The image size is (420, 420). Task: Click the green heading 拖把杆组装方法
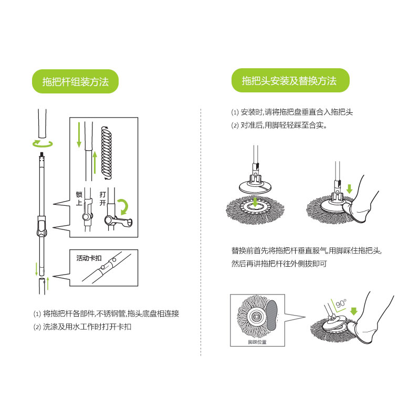[x=75, y=81]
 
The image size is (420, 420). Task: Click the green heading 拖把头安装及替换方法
[x=289, y=81]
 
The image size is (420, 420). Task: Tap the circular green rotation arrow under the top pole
[x=43, y=144]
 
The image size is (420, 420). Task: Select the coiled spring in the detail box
[x=107, y=153]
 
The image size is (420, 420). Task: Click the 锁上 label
[x=79, y=198]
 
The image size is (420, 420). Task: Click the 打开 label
[x=102, y=198]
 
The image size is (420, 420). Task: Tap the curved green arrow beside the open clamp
[x=124, y=206]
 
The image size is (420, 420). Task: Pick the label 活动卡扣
[x=89, y=258]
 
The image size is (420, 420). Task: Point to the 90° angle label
[x=341, y=303]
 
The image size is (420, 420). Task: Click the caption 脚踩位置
[x=257, y=342]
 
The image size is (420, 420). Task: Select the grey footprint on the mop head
[x=271, y=315]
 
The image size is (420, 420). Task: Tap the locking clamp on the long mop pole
[x=42, y=226]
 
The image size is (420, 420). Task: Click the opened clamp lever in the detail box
[x=118, y=220]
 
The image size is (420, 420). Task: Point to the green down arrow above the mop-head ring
[x=255, y=202]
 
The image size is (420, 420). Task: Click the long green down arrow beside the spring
[x=79, y=135]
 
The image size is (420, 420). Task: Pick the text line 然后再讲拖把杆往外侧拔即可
[x=279, y=264]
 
